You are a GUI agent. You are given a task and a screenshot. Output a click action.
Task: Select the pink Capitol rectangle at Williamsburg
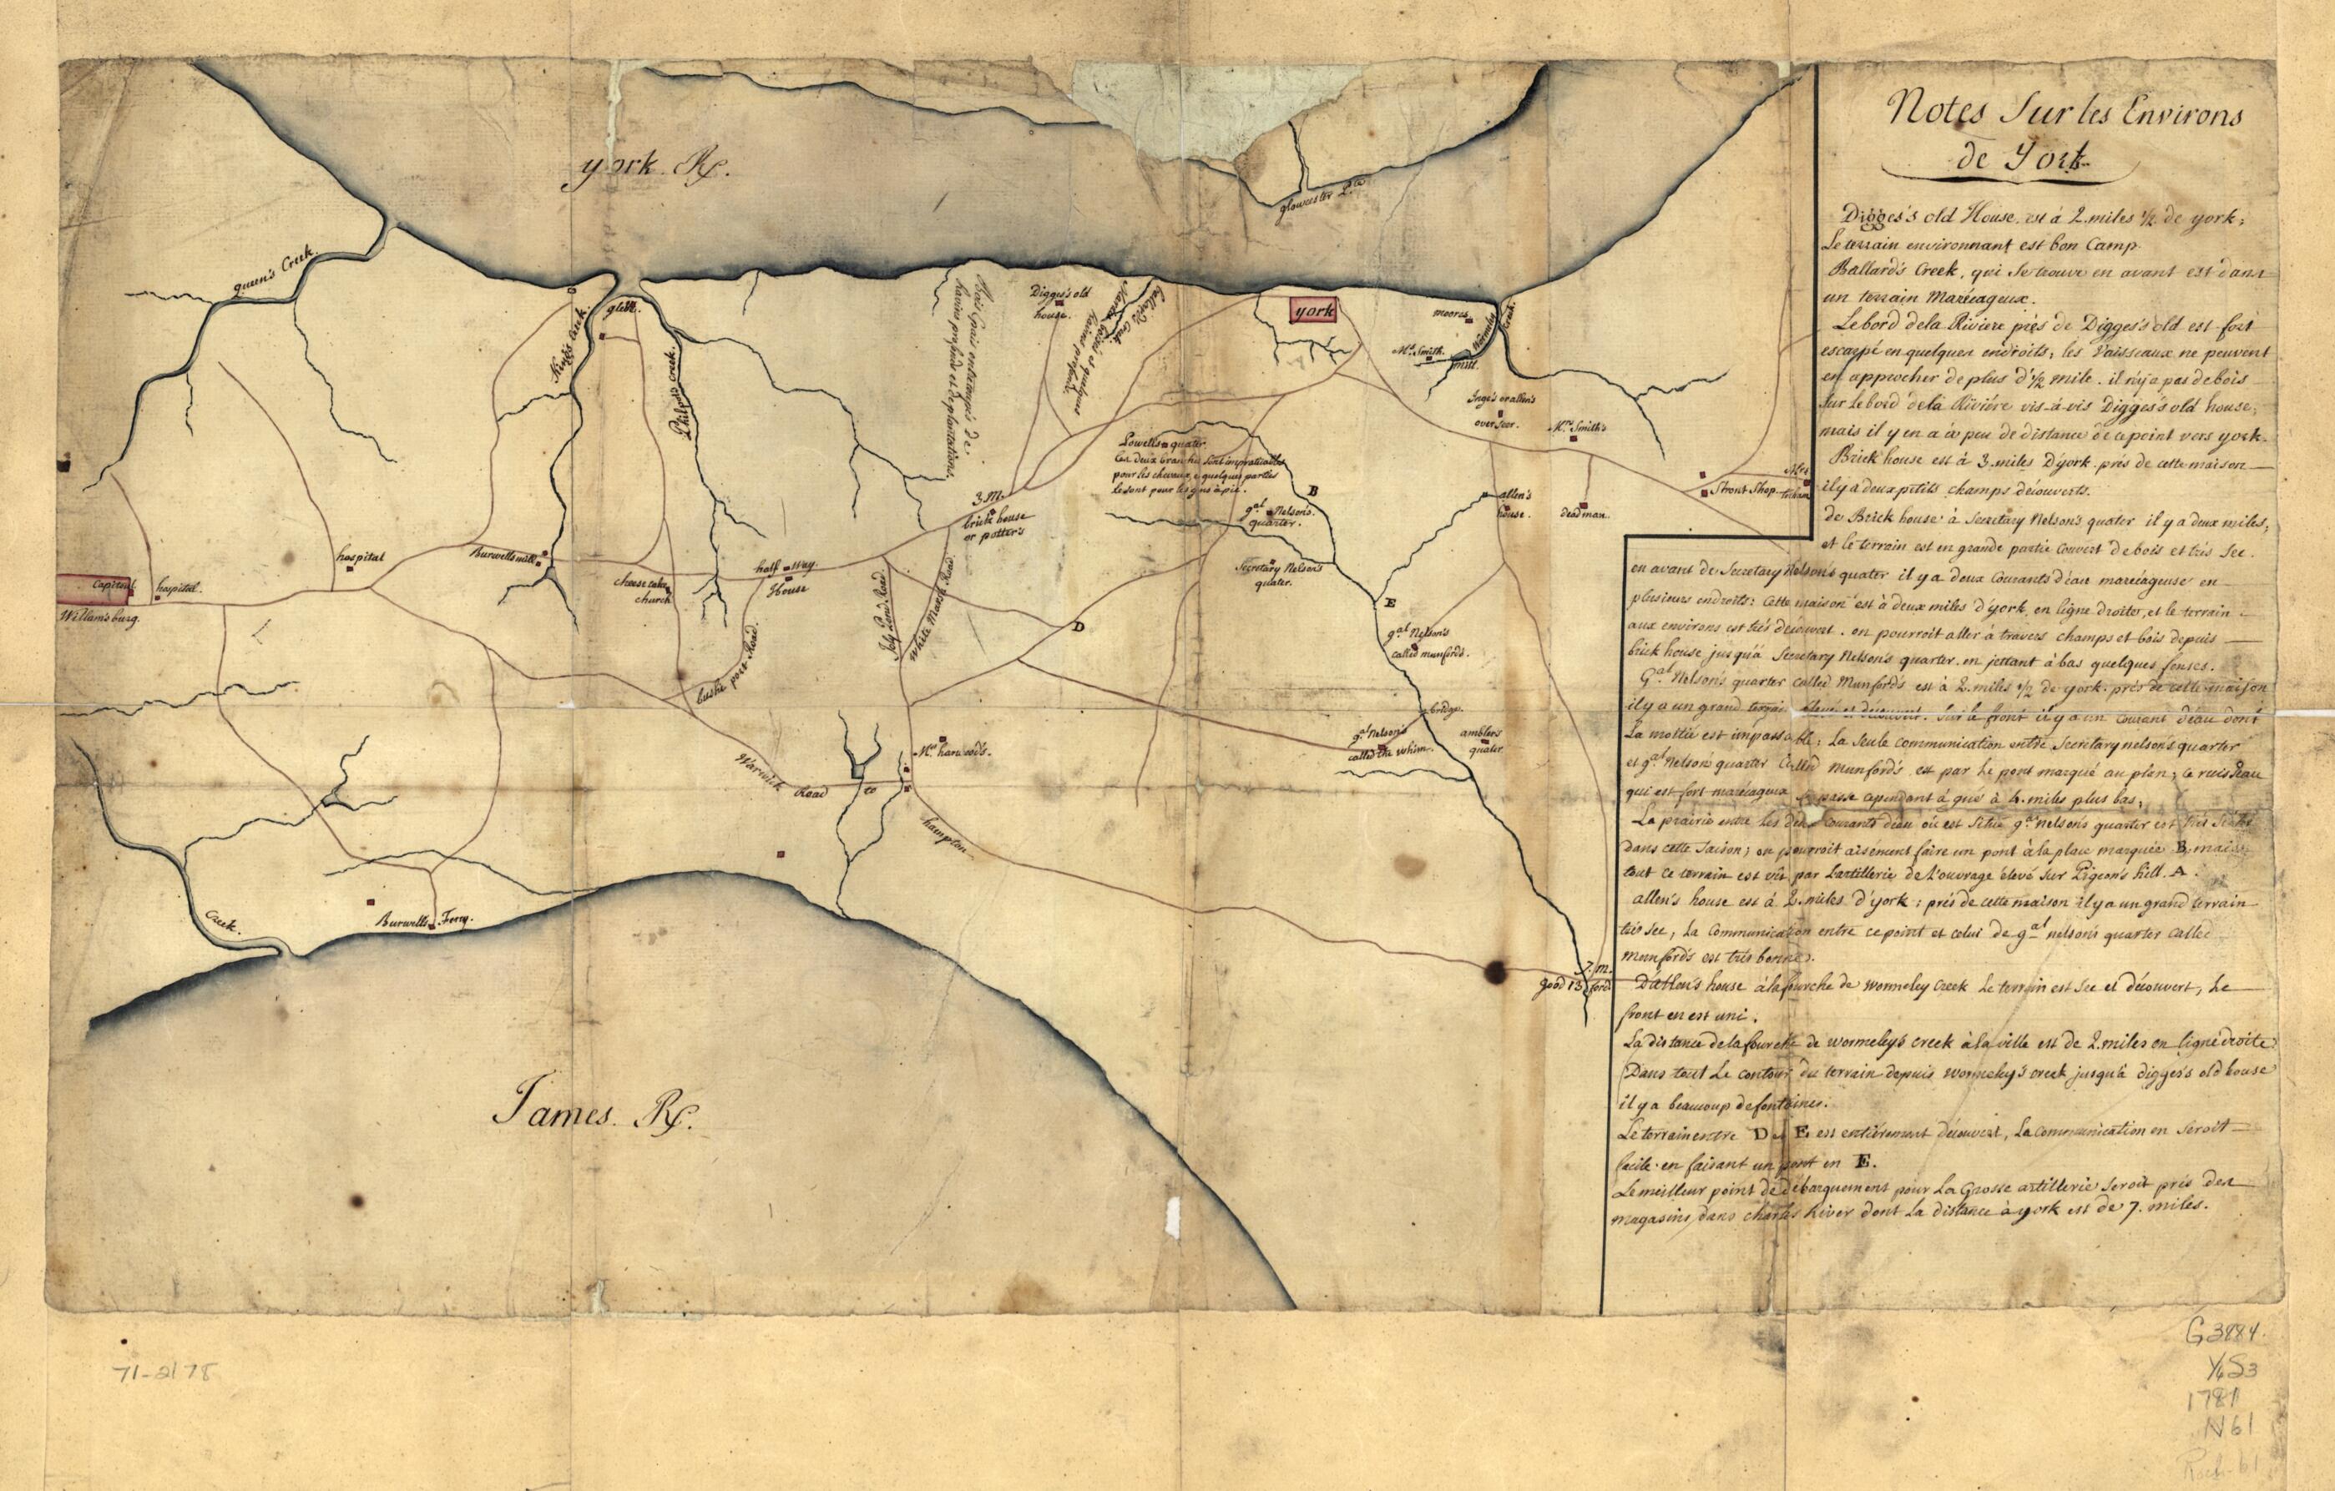(x=95, y=587)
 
